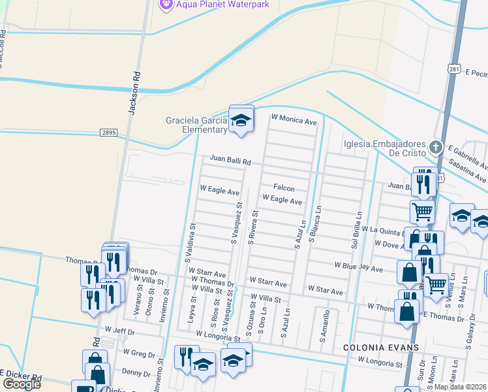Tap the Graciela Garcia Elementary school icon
point(241,120)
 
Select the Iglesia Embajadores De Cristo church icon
point(437,147)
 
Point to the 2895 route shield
point(108,133)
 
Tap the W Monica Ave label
point(294,122)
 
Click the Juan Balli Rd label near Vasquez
point(226,159)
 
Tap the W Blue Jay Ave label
point(358,267)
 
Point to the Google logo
point(22,384)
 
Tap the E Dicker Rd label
point(22,377)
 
